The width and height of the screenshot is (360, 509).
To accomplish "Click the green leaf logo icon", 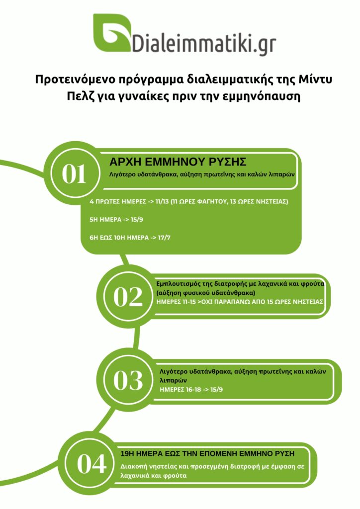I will tap(112, 32).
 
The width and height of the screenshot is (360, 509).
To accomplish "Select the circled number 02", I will tap(128, 297).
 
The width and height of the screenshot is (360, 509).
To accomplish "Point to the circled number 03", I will tap(128, 380).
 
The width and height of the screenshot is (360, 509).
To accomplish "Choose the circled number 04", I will tap(91, 464).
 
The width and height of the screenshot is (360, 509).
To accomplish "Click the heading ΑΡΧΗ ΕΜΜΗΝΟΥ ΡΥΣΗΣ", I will tap(178, 162).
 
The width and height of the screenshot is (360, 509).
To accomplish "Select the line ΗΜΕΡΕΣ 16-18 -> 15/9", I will tap(191, 389).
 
